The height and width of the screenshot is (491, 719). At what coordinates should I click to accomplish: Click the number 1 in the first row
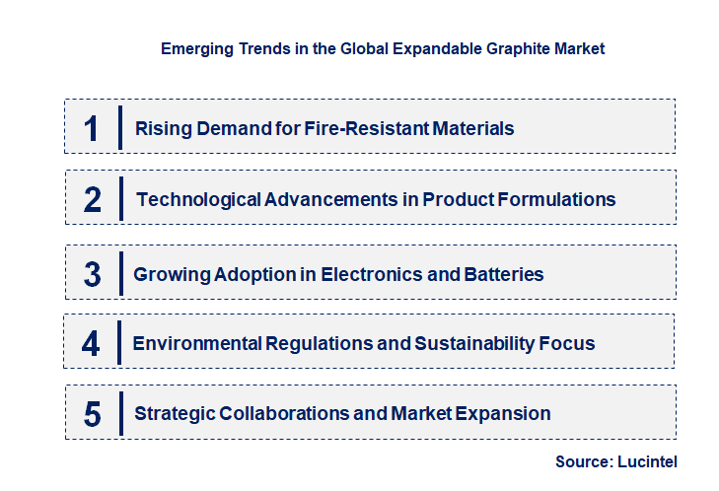92,128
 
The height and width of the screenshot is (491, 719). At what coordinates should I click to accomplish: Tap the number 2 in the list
93,199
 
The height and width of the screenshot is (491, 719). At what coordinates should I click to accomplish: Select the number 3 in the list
92,274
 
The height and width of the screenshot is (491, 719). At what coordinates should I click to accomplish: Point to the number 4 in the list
92,343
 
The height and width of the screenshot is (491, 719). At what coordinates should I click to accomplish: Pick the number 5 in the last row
93,414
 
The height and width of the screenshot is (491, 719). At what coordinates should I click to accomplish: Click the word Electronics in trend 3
376,274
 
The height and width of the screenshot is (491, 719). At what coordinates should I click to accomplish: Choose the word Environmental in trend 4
197,343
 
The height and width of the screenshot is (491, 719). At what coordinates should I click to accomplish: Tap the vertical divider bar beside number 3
120,272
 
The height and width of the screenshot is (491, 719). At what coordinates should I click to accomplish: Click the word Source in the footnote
585,461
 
